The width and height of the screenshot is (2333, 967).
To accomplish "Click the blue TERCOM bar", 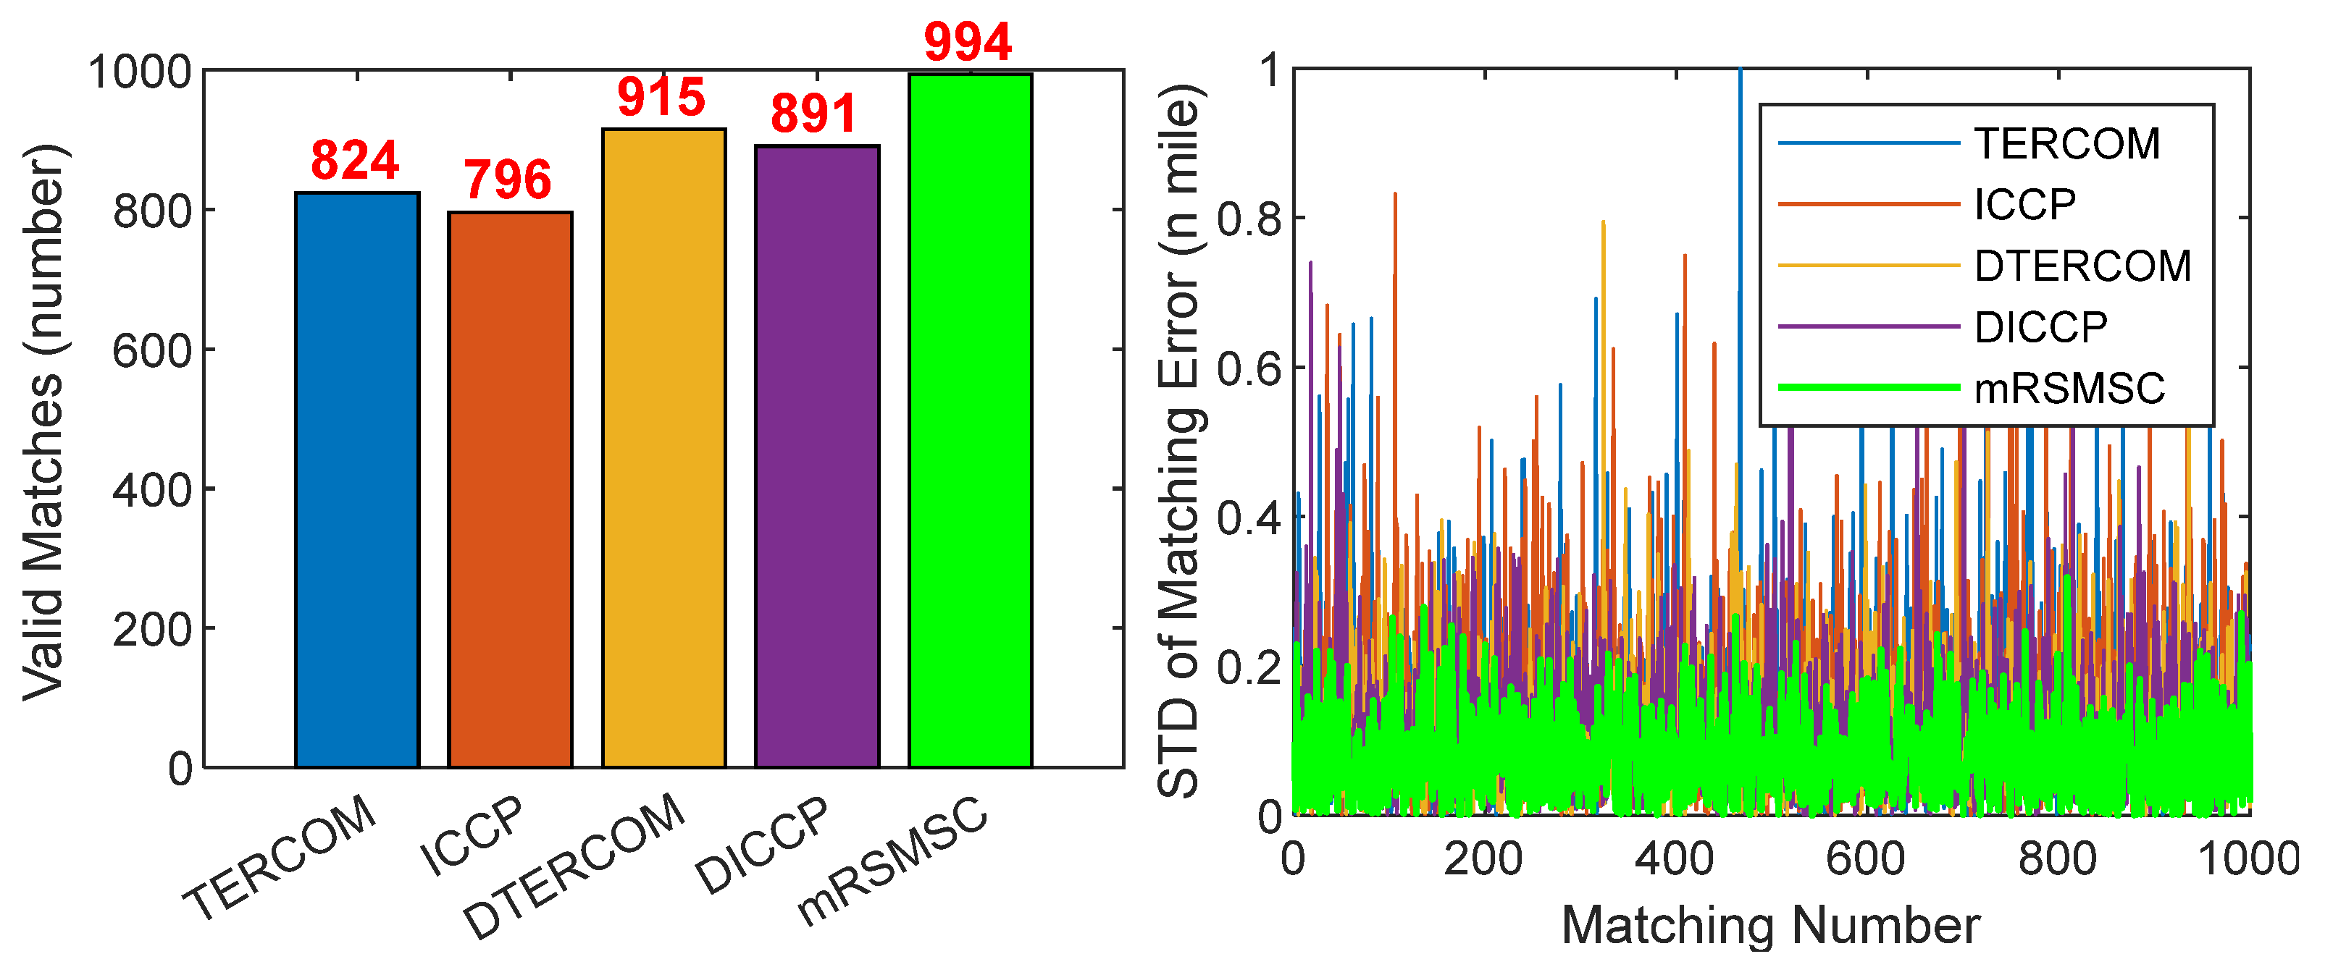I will pos(357,480).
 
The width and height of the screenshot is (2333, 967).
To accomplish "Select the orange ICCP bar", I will pos(510,490).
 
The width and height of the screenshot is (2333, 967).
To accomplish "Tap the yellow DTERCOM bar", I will pos(664,448).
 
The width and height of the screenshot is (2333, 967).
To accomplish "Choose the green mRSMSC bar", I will pos(970,421).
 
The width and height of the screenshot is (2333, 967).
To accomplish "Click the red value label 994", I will pos(967,43).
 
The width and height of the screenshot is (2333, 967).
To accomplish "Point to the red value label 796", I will pos(507,180).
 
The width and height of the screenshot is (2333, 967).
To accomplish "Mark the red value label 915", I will pos(661,97).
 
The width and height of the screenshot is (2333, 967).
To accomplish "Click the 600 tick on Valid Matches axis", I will pos(151,350).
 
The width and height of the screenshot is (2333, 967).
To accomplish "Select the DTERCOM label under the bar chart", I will pos(573,865).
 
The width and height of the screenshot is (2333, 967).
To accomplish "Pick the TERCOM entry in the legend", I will pos(2066,144).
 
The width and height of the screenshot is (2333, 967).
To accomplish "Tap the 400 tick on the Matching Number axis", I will pos(1675,858).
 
